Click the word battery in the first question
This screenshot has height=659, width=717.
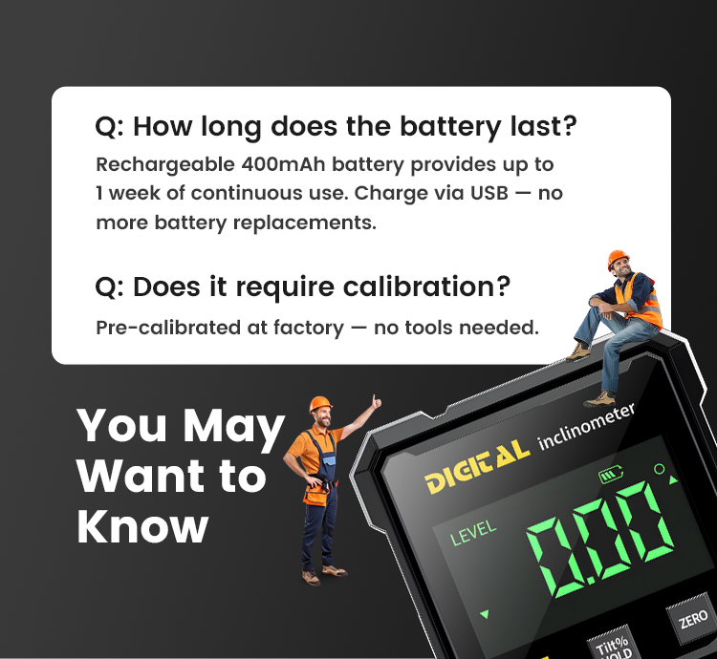[x=450, y=126]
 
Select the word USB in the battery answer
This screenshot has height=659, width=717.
[x=489, y=193]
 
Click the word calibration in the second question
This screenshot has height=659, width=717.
[x=426, y=287]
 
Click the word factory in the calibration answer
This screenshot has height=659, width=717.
[x=308, y=328]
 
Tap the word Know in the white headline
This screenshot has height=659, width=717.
[x=142, y=526]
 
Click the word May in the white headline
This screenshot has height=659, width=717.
[x=233, y=427]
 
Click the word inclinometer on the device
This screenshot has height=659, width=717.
[x=586, y=426]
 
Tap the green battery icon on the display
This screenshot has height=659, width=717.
[x=611, y=474]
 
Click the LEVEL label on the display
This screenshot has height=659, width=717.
[x=473, y=533]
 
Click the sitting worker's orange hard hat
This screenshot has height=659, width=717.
[x=618, y=257]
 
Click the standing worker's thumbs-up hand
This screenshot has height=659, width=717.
[x=376, y=402]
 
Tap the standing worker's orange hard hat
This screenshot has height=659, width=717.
[x=320, y=403]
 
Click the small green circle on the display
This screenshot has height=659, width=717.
[x=660, y=469]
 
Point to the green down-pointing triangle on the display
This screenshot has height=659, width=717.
[x=485, y=614]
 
